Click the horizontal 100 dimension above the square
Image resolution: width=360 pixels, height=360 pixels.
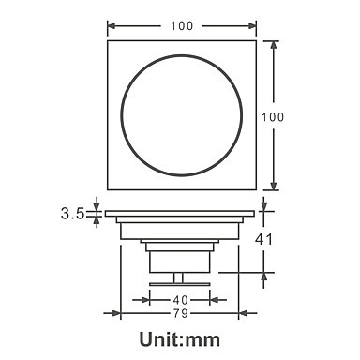[182, 26]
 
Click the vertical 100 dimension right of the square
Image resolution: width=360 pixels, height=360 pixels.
[273, 117]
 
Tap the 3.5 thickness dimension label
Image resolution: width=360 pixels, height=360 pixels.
[72, 214]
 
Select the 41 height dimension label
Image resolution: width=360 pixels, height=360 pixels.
[263, 239]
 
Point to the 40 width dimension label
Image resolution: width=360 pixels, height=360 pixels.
[181, 300]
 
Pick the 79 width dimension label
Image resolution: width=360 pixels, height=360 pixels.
[181, 313]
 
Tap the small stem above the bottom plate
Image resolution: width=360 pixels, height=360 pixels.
[178, 277]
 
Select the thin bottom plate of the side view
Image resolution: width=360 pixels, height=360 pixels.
[179, 284]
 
